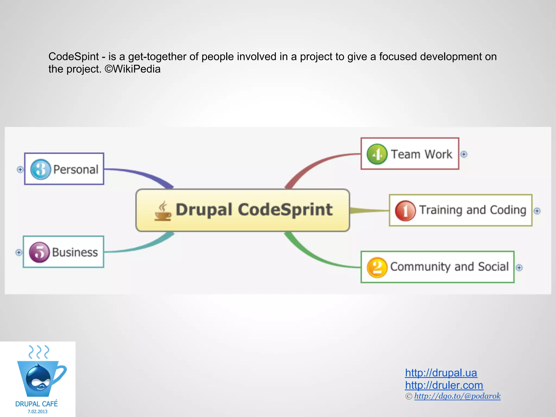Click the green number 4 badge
[x=377, y=154]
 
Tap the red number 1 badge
[x=405, y=211]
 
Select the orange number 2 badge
[x=377, y=267]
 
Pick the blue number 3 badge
[x=41, y=169]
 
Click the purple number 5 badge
[x=39, y=252]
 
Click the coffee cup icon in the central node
[x=163, y=211]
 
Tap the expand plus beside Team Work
[x=464, y=154]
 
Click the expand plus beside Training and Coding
[x=537, y=211]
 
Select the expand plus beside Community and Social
[x=519, y=268]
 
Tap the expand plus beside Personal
[x=20, y=169]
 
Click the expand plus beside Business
[x=19, y=252]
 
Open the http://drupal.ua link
[x=441, y=373]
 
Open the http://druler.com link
[x=444, y=385]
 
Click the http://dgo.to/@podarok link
[x=457, y=396]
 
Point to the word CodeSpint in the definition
[x=74, y=56]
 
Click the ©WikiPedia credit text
[x=133, y=69]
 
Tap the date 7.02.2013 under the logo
[x=37, y=412]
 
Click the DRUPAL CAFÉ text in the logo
[x=37, y=404]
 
